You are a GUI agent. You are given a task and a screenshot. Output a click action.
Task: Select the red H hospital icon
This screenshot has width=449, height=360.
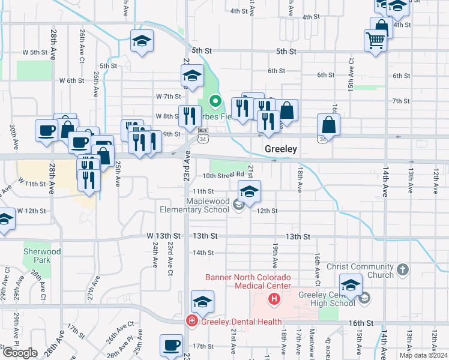point(274,298)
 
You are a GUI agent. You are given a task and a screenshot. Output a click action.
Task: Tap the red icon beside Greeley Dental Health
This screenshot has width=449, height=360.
point(191,321)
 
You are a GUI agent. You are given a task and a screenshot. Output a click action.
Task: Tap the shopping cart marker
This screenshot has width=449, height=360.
point(375,41)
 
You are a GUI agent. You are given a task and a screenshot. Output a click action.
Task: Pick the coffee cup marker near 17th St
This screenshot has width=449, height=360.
point(171,345)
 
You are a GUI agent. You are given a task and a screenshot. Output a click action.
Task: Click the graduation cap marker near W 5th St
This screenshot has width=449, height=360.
point(142,41)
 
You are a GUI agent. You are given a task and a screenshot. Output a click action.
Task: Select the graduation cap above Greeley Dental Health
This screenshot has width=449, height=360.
point(202,301)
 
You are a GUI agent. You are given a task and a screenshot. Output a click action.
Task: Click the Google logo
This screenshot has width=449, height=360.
point(20,353)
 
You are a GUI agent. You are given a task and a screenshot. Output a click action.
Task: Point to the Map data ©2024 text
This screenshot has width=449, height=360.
point(424,355)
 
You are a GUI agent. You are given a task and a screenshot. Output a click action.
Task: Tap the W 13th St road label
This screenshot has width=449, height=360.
point(163,237)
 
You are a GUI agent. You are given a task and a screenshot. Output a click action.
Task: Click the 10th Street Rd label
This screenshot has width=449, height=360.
point(223,176)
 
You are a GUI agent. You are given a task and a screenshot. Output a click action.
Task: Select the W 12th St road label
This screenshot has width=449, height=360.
point(32,211)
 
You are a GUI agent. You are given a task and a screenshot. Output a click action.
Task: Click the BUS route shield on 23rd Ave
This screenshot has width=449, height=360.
point(203,130)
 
